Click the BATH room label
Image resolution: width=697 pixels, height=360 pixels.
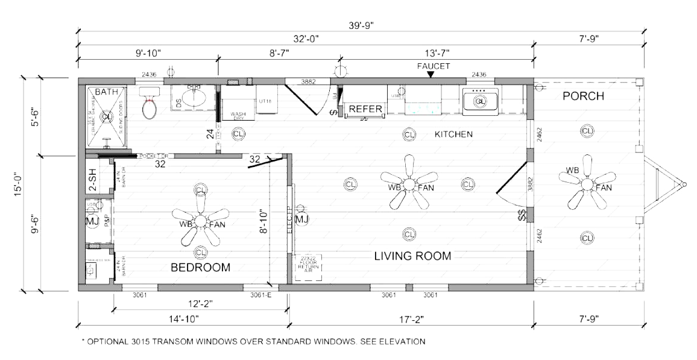click(x=107, y=92)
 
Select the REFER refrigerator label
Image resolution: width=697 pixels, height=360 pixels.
click(x=365, y=109)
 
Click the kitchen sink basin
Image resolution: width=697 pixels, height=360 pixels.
click(x=480, y=101)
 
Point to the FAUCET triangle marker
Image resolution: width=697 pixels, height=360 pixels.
click(x=430, y=74)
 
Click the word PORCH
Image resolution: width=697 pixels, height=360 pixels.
click(x=584, y=96)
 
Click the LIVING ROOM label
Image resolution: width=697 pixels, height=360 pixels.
click(x=412, y=256)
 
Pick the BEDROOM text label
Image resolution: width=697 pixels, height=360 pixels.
click(x=200, y=268)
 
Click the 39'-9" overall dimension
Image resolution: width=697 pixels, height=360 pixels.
click(x=361, y=25)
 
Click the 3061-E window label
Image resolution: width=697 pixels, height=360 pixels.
click(x=260, y=295)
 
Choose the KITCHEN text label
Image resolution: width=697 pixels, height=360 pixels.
click(x=453, y=134)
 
